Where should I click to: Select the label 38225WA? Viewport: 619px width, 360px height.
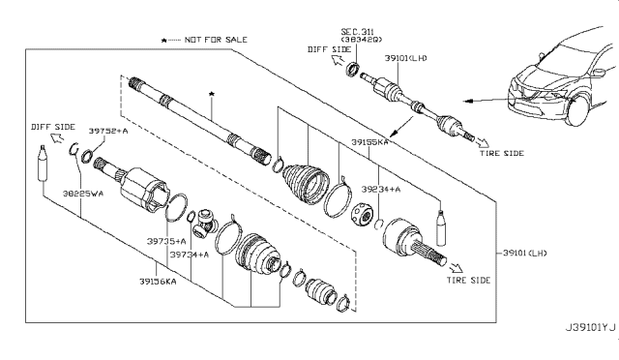point(73,193)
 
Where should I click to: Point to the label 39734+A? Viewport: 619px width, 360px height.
point(190,254)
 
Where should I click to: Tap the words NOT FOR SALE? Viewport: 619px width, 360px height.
point(214,40)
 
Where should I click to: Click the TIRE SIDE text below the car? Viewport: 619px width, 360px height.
point(501,153)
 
